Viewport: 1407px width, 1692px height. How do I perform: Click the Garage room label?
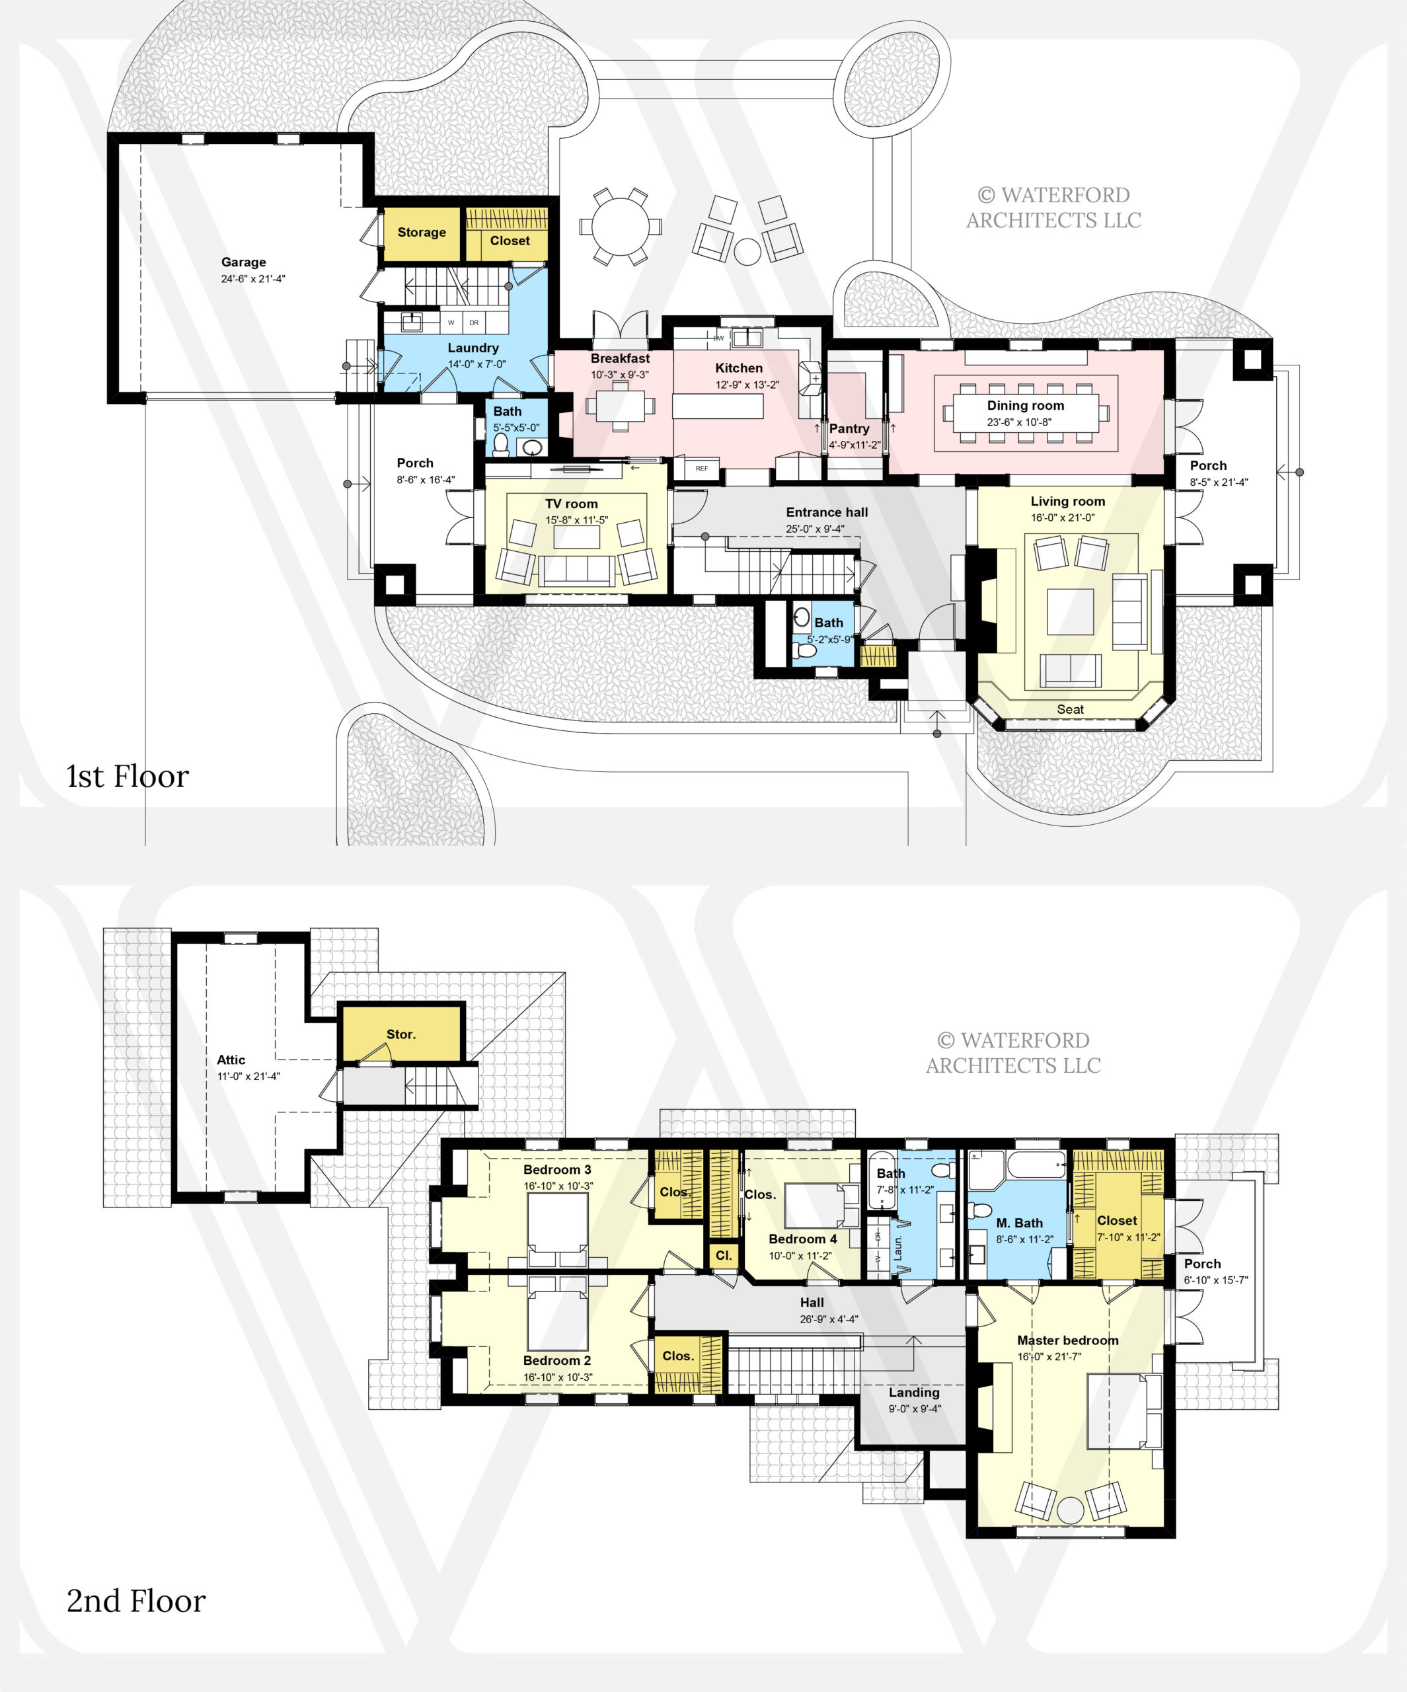[243, 262]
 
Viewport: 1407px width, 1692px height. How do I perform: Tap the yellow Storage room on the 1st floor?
[422, 234]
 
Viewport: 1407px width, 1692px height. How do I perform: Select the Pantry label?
[849, 429]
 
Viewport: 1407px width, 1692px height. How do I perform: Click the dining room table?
[1025, 412]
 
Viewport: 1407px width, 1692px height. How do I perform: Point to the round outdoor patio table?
[620, 227]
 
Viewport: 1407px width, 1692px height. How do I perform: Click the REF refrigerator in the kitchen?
[702, 468]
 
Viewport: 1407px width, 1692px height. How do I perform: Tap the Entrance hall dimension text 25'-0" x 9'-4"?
[815, 529]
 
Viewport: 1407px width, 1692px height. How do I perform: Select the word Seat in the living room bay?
[1070, 709]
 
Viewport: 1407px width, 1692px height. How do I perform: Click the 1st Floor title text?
[128, 776]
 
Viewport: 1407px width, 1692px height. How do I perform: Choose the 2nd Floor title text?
[136, 1601]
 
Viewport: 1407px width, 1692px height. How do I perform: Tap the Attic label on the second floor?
[231, 1059]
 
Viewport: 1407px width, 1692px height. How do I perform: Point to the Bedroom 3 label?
[557, 1169]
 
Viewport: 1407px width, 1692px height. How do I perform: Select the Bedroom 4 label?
[802, 1239]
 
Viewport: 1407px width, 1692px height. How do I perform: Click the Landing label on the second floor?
[914, 1393]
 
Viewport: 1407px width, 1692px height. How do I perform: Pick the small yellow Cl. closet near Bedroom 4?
[724, 1255]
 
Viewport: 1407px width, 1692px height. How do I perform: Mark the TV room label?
[572, 504]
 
